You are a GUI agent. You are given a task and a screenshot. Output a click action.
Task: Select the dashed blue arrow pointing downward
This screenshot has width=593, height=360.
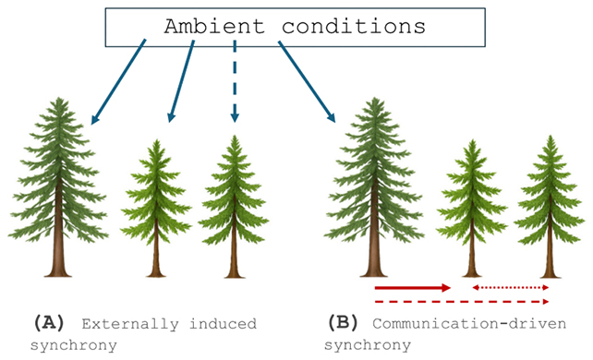pos(236,83)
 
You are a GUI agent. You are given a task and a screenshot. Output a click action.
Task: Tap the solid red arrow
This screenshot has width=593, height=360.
pos(412,288)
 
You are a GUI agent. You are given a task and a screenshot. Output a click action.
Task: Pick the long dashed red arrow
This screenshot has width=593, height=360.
pos(462,302)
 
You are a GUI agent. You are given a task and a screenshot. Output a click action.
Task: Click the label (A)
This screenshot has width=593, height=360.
pos(49,324)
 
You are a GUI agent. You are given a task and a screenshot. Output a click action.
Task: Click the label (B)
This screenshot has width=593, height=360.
pos(343,324)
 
